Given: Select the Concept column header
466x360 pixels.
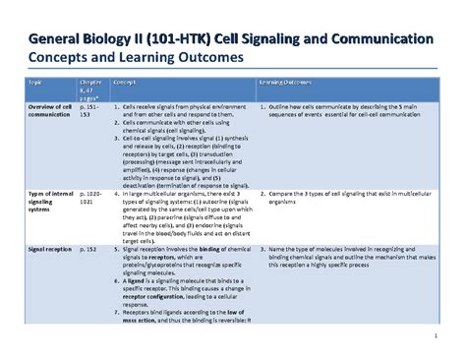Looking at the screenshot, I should pyautogui.click(x=126, y=84).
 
